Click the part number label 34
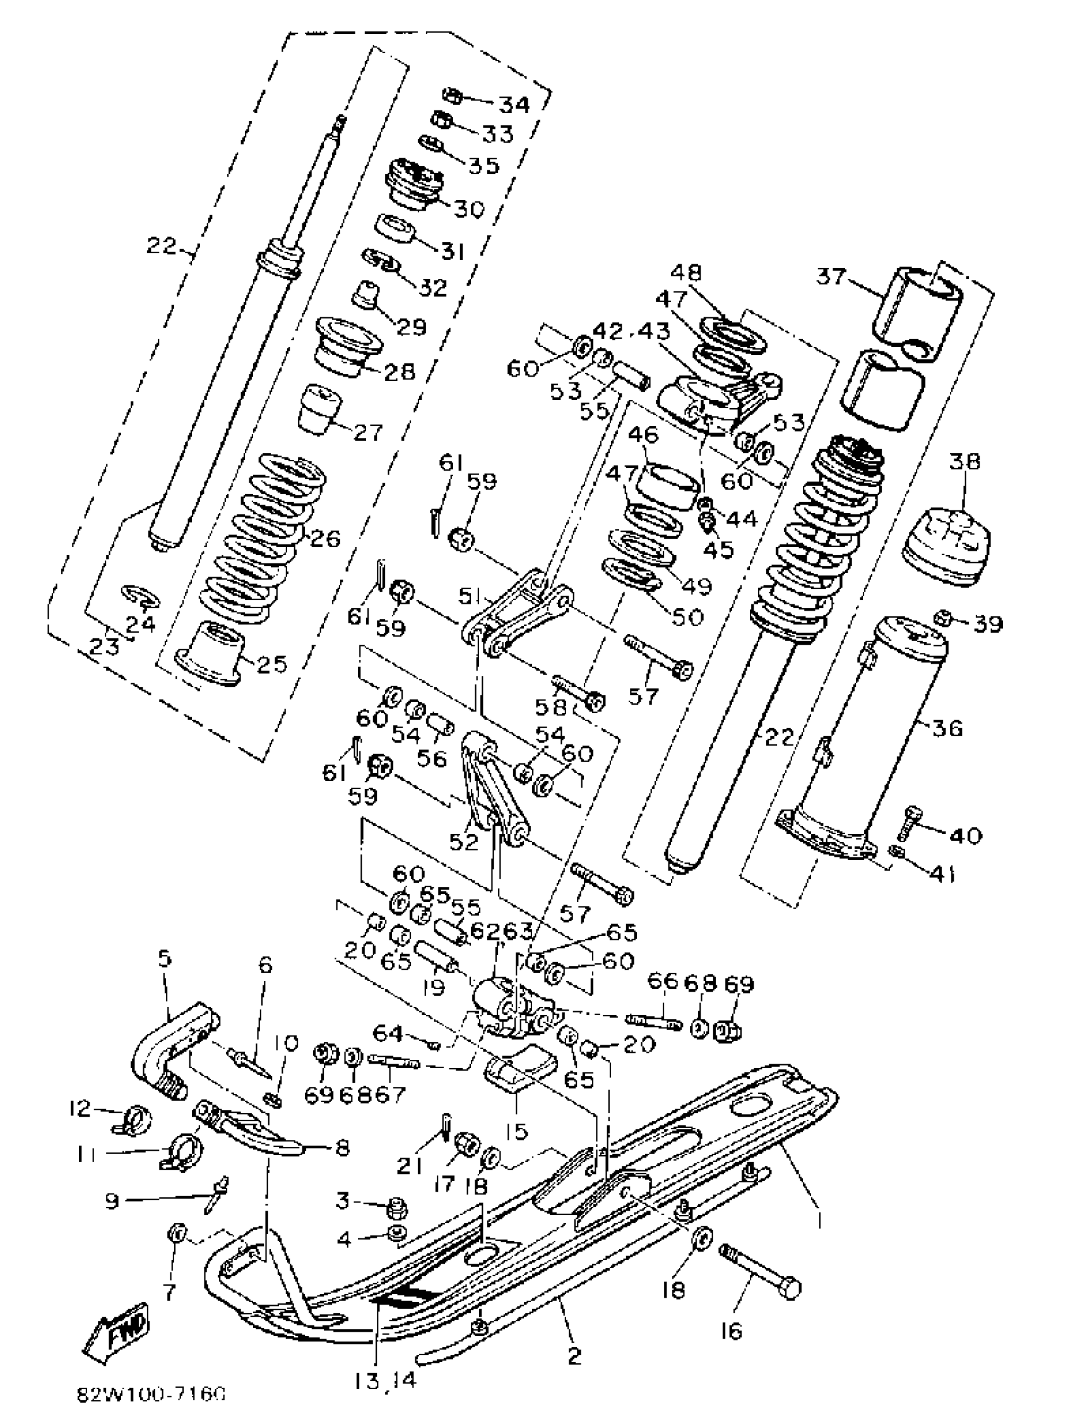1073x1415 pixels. [x=514, y=104]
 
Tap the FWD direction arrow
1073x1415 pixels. [x=119, y=1327]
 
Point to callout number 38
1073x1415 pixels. [x=964, y=461]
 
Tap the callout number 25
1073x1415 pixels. [x=271, y=664]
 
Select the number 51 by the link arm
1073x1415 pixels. [x=473, y=596]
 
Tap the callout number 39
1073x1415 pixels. [x=988, y=623]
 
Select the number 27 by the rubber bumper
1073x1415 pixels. [x=368, y=432]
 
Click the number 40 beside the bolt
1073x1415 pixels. [x=966, y=835]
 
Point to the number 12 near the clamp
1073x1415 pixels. [x=81, y=1108]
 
